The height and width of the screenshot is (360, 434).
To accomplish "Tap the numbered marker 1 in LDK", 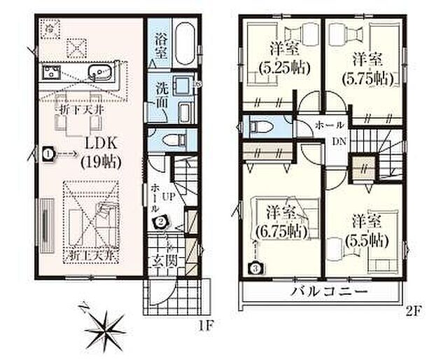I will click(x=47, y=151).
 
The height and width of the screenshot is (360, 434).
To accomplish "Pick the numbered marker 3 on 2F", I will click(x=256, y=267).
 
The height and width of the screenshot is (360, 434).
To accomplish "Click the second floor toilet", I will click(x=262, y=127).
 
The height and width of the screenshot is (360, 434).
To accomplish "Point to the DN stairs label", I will click(x=337, y=141).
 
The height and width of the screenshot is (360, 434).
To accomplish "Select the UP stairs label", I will click(x=169, y=198).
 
